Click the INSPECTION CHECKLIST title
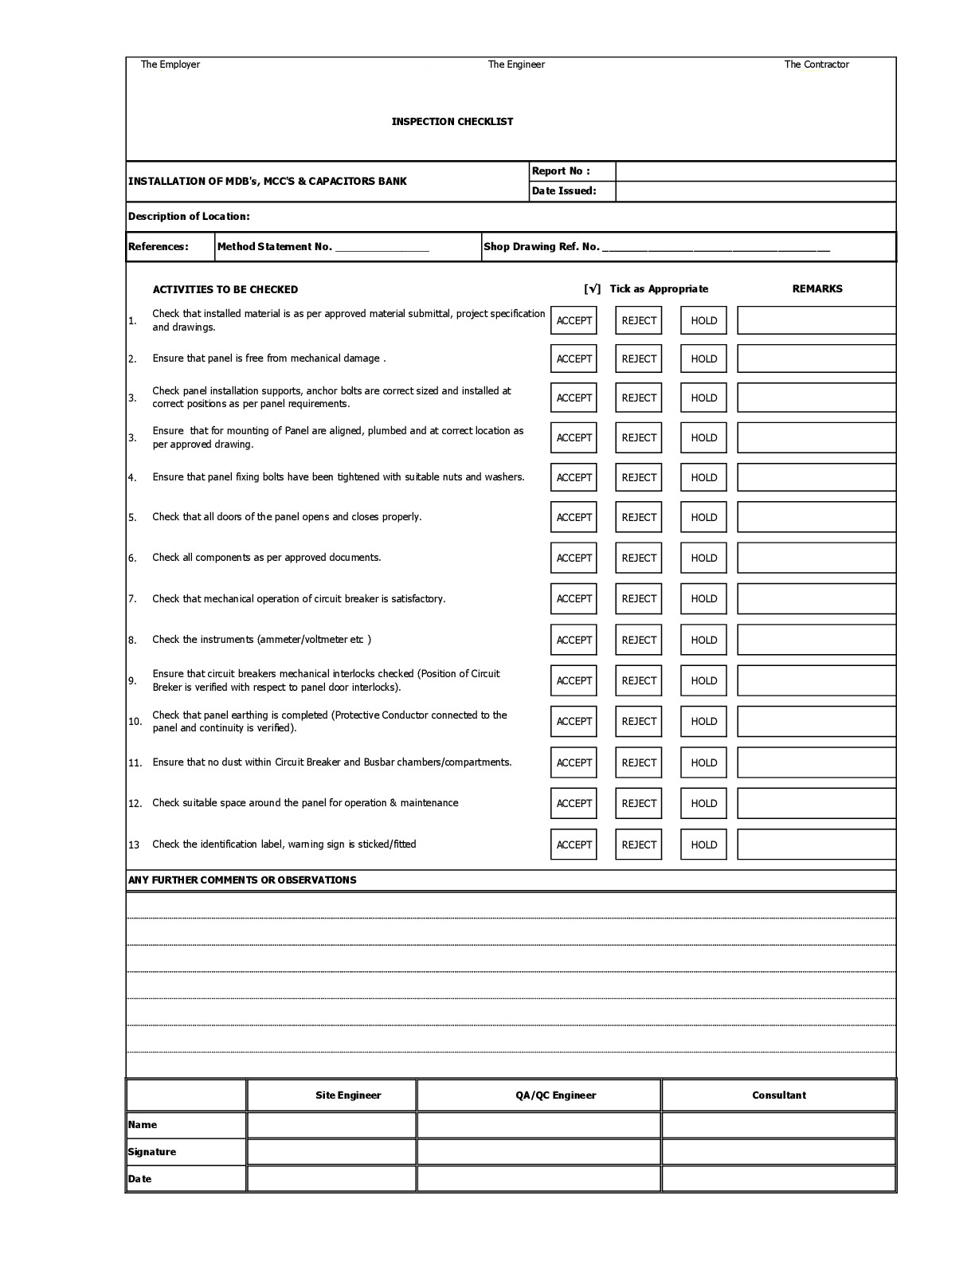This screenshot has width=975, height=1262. pyautogui.click(x=452, y=122)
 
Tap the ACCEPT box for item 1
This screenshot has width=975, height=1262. pyautogui.click(x=574, y=320)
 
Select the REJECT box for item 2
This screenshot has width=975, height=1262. pyautogui.click(x=638, y=359)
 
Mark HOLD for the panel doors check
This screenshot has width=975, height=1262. pyautogui.click(x=703, y=517)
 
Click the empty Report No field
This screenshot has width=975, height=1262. pyautogui.click(x=754, y=171)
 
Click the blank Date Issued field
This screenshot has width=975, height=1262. pyautogui.click(x=754, y=191)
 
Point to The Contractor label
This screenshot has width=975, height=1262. pyautogui.click(x=816, y=65)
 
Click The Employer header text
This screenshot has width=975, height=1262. pyautogui.click(x=170, y=65)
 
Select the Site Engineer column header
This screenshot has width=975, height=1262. pyautogui.click(x=348, y=1095)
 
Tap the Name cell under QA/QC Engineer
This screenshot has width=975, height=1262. pyautogui.click(x=538, y=1125)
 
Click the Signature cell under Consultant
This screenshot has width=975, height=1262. pyautogui.click(x=778, y=1152)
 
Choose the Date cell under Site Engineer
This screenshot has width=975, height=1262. pyautogui.click(x=331, y=1179)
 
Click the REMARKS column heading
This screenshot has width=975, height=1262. pyautogui.click(x=816, y=289)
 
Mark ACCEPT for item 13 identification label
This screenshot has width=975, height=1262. pyautogui.click(x=574, y=845)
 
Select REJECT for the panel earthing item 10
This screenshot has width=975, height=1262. pyautogui.click(x=638, y=721)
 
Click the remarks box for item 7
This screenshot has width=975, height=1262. pyautogui.click(x=816, y=598)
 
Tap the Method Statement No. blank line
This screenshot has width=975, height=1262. pyautogui.click(x=382, y=247)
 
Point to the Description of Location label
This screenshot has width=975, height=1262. pyautogui.click(x=189, y=217)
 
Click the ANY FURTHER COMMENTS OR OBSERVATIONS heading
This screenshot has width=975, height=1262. pyautogui.click(x=242, y=880)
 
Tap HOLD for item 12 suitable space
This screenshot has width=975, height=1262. pyautogui.click(x=703, y=803)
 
